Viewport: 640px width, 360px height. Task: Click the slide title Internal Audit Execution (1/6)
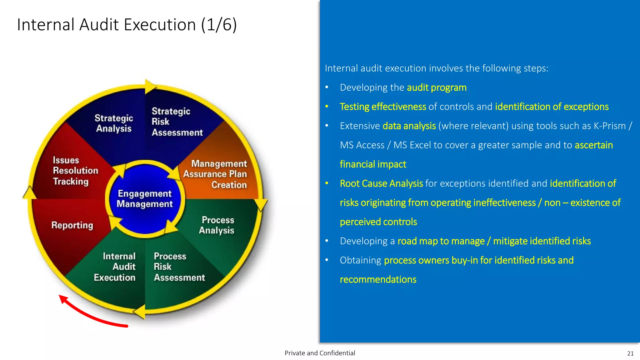coord(127,25)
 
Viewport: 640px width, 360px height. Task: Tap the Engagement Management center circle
coord(145,199)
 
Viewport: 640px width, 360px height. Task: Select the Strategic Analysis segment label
coord(114,123)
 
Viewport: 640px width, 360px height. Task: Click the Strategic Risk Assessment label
coord(177,122)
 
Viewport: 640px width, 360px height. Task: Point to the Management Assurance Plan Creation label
coord(216,174)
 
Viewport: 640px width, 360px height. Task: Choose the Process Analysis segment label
coord(217,225)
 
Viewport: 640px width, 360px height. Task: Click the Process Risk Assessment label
coord(179,267)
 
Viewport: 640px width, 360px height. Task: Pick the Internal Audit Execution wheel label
coord(115,267)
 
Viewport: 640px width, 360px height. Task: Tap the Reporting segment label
coord(72,225)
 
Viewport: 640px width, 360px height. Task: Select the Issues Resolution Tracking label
coord(75,171)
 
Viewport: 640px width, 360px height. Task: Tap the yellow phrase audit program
coord(436,88)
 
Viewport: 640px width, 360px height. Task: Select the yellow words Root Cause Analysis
coord(381,183)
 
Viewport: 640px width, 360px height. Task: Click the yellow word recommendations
coord(378,279)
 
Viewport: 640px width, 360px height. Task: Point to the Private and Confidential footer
coord(320,353)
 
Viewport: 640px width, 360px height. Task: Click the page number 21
coord(630,353)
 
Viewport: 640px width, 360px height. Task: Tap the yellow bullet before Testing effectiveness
coord(327,107)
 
